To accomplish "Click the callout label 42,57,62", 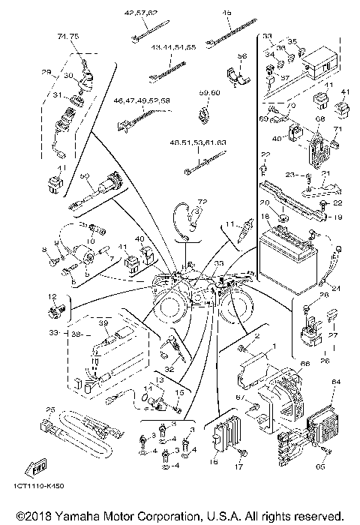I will coord(141,13).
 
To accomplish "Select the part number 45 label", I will coord(226,13).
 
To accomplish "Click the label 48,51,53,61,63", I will coord(199,142).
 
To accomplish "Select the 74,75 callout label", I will coord(67,35).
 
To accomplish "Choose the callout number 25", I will coord(51,409).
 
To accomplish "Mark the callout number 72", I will coord(201,202).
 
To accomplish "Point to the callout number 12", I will coord(52,296).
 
